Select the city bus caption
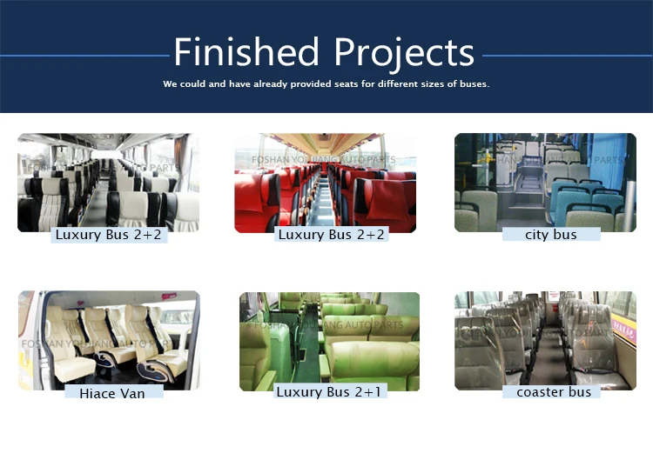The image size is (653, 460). coord(551,235)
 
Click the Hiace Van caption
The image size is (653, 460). coord(112,393)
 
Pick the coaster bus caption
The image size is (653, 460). coord(554,392)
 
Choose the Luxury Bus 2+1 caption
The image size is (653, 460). coord(331,392)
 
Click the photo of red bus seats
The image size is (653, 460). coord(325,183)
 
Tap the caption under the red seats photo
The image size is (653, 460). coord(331,235)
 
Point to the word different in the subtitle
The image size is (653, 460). coord(380,84)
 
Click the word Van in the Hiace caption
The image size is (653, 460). coord(131,393)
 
